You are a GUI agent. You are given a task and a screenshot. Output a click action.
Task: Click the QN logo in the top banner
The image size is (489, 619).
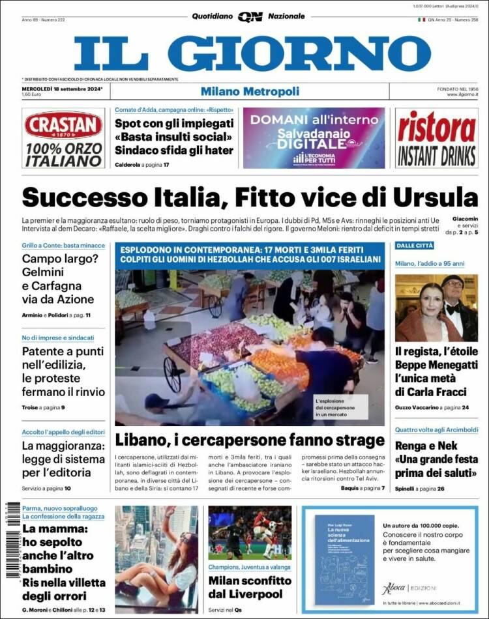coord(250,17)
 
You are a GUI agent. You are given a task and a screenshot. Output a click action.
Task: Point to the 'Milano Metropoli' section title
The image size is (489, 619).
coord(250,91)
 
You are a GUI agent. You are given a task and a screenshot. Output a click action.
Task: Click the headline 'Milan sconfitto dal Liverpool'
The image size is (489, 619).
coord(250,587)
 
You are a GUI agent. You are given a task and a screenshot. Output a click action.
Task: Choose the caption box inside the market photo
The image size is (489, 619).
coord(339,407)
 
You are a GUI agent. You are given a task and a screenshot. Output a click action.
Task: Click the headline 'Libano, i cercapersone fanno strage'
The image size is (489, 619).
coord(250,439)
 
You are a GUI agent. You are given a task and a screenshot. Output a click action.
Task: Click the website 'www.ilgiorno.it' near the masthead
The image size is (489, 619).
coord(462,95)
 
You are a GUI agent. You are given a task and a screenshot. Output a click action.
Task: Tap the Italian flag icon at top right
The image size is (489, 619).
coord(421,20)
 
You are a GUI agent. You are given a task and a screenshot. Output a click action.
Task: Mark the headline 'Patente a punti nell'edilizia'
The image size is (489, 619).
coord(63,371)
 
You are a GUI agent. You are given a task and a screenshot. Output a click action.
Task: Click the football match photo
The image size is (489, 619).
coord(250,532)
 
